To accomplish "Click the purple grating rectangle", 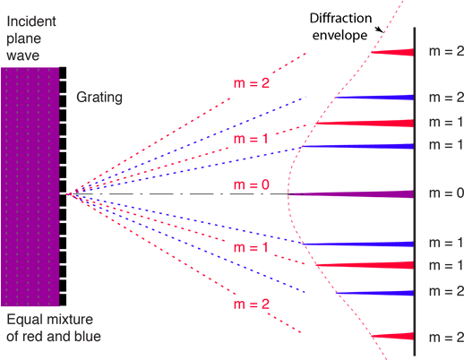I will tap(30, 187).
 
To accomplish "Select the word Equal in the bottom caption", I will tap(23, 321).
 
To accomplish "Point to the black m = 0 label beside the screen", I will tap(444, 193).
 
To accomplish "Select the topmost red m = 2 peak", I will tap(392, 53).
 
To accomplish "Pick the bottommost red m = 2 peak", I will tap(392, 335).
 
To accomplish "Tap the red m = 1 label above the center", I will tap(251, 140).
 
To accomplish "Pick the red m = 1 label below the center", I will tap(251, 246).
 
